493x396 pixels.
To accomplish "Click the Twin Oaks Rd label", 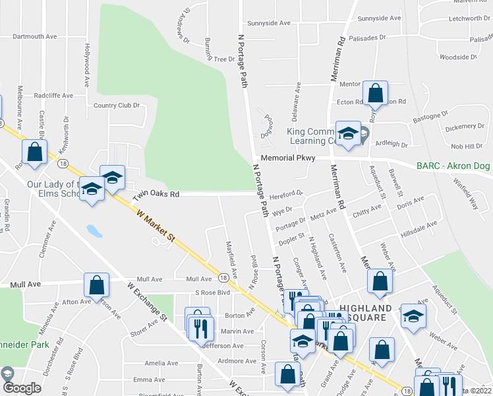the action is [x=156, y=195].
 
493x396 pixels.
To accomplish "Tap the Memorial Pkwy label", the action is [x=288, y=158].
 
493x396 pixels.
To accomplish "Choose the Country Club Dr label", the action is [x=117, y=106].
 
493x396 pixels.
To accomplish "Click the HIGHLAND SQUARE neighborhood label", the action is [x=366, y=313].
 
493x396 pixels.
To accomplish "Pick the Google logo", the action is [x=22, y=388].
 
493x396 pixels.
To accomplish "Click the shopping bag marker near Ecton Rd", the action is [x=375, y=94].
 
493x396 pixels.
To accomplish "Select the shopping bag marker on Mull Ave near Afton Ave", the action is [x=96, y=286].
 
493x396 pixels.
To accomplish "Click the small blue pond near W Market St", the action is [x=94, y=231].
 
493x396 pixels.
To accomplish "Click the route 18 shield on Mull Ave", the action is [x=223, y=279].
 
